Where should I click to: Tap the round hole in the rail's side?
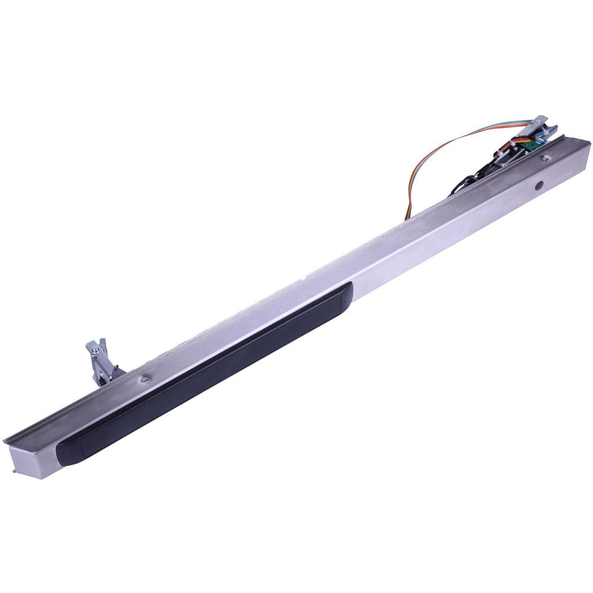538,186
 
